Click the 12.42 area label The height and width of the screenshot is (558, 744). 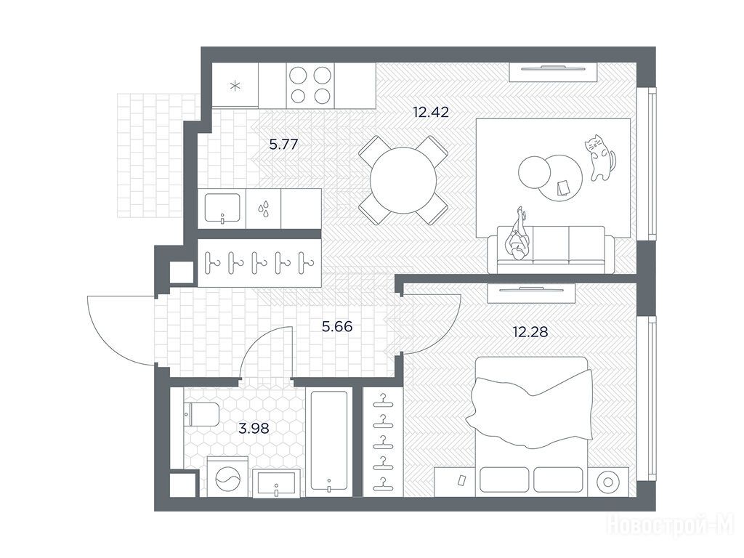tap(430, 113)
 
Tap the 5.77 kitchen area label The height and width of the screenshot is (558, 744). tap(283, 145)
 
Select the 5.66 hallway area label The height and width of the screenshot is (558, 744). tap(337, 326)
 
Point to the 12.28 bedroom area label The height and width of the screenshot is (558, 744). tap(530, 331)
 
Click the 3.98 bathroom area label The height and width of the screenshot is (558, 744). tap(254, 429)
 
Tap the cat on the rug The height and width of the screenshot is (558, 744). tap(599, 158)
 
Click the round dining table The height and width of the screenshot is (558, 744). tap(403, 180)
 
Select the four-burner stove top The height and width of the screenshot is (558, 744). tap(310, 86)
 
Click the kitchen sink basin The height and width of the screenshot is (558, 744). tap(222, 208)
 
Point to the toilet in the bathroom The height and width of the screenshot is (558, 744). tap(201, 413)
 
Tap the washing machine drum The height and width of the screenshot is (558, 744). tap(227, 480)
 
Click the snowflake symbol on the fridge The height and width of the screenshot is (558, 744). tap(235, 86)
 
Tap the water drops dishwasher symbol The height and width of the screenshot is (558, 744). tap(263, 209)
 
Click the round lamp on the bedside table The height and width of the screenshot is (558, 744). tap(608, 482)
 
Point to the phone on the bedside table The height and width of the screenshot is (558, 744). tap(460, 480)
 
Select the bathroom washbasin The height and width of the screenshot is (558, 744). tap(276, 483)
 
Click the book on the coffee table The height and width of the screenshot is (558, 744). tap(564, 187)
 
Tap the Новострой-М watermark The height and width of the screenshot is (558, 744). tap(671, 526)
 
